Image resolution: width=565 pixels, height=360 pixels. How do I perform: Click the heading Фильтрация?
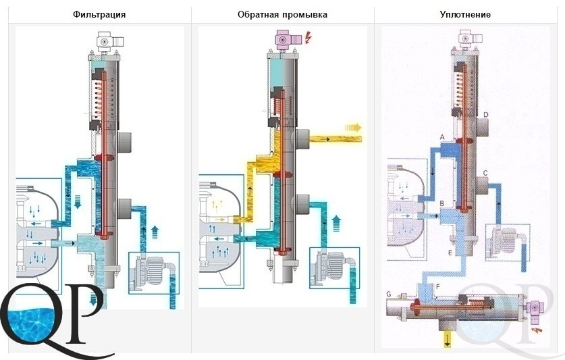click(99, 14)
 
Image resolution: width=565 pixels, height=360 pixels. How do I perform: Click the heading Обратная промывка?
click(282, 14)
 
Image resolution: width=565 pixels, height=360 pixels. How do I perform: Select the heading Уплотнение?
click(465, 14)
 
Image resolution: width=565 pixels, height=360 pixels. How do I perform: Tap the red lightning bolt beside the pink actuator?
click(308, 36)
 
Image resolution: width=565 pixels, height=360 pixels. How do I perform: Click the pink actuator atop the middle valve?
click(286, 38)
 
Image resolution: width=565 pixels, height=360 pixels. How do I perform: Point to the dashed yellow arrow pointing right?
click(353, 128)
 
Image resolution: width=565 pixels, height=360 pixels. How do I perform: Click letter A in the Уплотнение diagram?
click(443, 137)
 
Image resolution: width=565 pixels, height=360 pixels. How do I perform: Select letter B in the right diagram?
click(442, 203)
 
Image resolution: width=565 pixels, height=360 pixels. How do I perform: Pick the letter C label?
click(485, 173)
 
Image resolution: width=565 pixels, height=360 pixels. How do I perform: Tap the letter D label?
click(486, 115)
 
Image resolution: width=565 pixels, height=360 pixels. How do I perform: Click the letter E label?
click(450, 253)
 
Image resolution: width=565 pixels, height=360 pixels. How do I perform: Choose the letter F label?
click(438, 287)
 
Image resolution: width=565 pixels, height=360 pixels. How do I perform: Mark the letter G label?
click(389, 294)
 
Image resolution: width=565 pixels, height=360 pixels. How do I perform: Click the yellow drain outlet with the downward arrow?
click(447, 338)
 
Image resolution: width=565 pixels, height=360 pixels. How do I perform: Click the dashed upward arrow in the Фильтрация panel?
click(155, 232)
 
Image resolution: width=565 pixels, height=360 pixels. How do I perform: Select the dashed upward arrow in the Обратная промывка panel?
click(336, 223)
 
